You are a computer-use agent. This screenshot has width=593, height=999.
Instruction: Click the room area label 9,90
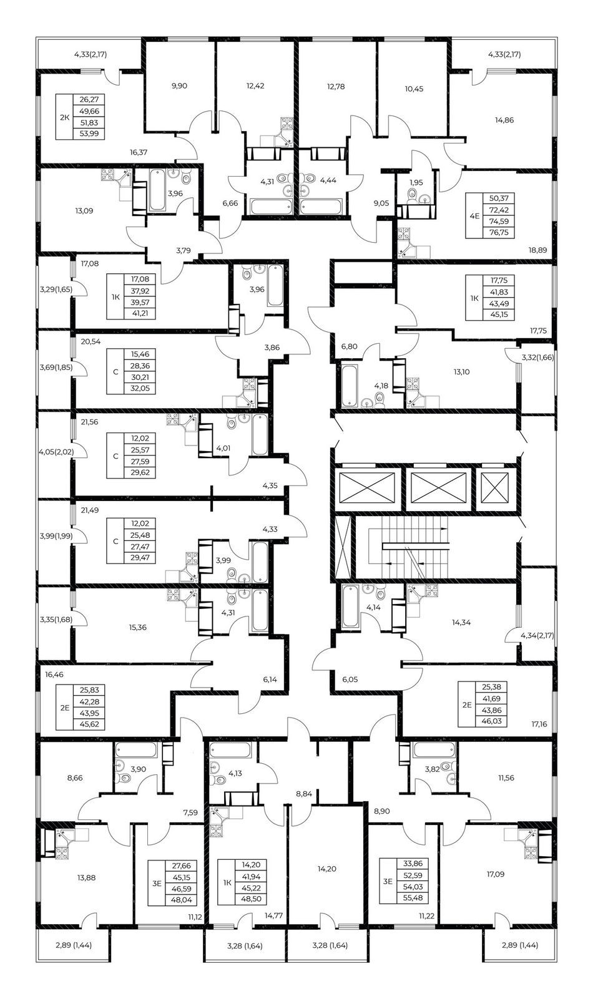click(179, 85)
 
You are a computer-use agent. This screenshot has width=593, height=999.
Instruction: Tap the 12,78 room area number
click(336, 86)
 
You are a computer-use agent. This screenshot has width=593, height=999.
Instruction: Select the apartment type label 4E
click(475, 215)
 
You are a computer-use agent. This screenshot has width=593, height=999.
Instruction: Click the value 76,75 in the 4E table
click(499, 232)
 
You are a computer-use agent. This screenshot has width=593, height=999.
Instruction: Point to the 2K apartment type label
click(64, 118)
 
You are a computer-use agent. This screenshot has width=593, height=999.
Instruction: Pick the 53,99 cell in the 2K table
click(89, 134)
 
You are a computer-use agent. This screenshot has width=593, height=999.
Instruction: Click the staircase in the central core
click(408, 547)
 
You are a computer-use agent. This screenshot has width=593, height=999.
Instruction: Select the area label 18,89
click(537, 250)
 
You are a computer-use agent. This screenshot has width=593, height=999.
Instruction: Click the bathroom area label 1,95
click(416, 182)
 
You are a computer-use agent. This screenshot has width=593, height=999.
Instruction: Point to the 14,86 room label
click(504, 120)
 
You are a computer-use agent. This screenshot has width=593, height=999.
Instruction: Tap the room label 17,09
click(495, 874)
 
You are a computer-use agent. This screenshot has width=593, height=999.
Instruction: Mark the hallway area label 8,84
click(304, 794)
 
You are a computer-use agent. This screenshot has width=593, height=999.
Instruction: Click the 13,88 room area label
click(86, 878)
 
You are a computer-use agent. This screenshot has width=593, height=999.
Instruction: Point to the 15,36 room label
click(137, 627)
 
